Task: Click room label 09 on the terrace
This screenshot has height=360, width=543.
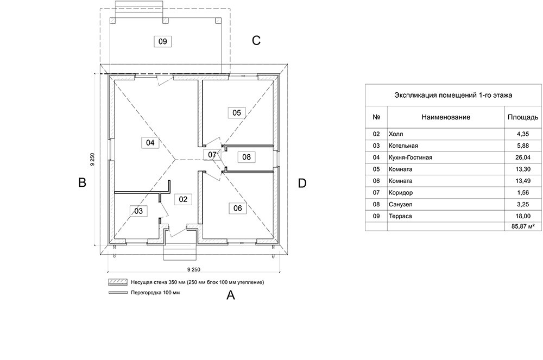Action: (x=162, y=41)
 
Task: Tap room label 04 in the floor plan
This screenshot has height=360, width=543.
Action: (x=150, y=143)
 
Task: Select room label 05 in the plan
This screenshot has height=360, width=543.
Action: (x=236, y=112)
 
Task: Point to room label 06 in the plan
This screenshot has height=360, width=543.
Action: (x=237, y=207)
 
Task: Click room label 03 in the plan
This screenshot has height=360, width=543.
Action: (x=138, y=211)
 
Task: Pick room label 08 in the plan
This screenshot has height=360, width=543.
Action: (x=247, y=157)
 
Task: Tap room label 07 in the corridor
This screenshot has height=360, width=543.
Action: (x=212, y=155)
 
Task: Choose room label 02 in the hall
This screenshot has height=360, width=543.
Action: (x=183, y=199)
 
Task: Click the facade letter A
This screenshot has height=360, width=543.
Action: (x=230, y=295)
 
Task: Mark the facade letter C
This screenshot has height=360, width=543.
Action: (x=256, y=41)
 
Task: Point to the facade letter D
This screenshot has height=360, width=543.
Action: (x=302, y=184)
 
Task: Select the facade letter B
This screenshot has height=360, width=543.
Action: (x=82, y=183)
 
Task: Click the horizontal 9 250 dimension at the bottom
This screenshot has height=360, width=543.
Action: (x=193, y=269)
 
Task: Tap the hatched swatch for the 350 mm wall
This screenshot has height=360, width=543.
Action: (x=116, y=282)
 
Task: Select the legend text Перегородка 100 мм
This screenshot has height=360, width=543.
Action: (x=155, y=293)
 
